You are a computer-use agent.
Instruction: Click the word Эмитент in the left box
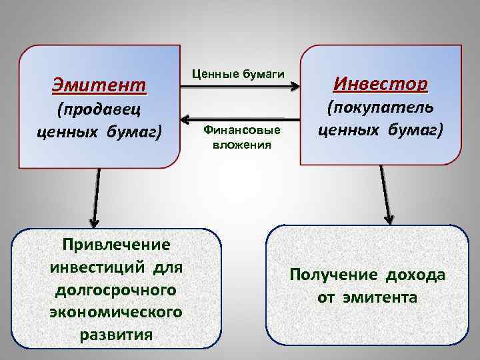[x=99, y=85]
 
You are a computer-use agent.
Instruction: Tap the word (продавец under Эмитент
[x=99, y=109]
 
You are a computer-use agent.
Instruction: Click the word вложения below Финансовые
[x=242, y=144]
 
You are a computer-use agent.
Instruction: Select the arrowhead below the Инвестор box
[x=389, y=218]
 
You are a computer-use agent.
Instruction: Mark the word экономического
[x=117, y=312]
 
